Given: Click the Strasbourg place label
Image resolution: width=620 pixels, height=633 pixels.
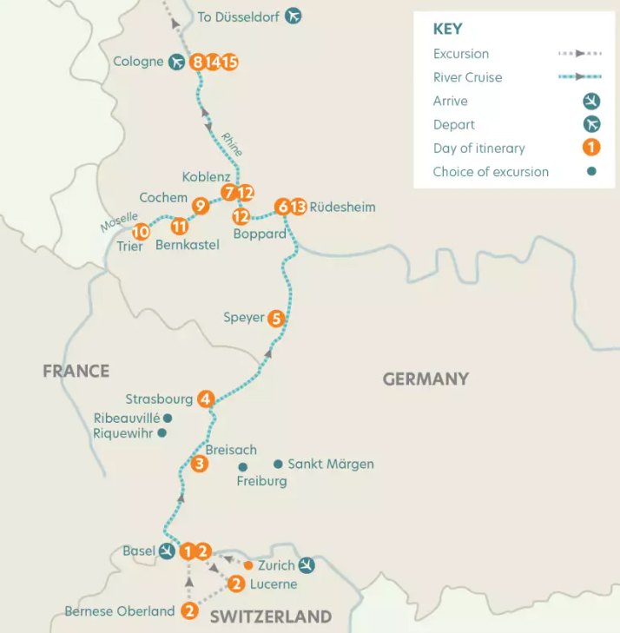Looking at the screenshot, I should [159, 399].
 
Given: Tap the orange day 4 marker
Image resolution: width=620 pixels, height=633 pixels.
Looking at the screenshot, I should [206, 399].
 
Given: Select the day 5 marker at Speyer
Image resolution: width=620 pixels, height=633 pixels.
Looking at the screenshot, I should [276, 318].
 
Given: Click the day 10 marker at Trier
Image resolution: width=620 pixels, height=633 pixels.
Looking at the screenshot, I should [141, 232].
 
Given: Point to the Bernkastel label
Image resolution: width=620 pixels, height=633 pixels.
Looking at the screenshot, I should [187, 245].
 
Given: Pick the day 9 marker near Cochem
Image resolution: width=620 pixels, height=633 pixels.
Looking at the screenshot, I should [201, 206].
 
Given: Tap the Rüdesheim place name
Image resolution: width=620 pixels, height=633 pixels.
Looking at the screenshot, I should [342, 207].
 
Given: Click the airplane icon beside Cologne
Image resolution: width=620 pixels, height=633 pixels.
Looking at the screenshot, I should [178, 62].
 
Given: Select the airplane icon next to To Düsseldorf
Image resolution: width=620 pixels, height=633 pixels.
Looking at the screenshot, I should [294, 16].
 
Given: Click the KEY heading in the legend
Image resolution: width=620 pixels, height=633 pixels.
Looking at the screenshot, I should [448, 30].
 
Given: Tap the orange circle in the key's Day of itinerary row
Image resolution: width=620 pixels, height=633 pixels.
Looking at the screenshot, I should [591, 148].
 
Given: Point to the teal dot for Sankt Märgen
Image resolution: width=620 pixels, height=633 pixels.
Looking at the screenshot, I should [278, 464].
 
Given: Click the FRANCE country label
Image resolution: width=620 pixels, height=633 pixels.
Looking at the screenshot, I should [76, 372].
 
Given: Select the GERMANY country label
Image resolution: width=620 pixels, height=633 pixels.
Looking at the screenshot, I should [425, 379].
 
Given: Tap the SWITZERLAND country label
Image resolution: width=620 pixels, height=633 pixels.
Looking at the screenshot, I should [270, 617].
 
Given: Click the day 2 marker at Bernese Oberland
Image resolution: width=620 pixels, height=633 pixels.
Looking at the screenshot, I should [189, 611].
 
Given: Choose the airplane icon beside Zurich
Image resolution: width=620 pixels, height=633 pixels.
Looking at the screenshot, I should [306, 565].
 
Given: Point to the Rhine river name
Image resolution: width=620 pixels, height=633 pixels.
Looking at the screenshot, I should [231, 143].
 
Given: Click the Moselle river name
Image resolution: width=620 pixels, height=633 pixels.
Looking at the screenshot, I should [119, 223].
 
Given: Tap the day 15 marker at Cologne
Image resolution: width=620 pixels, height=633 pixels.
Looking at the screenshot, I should [229, 62].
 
